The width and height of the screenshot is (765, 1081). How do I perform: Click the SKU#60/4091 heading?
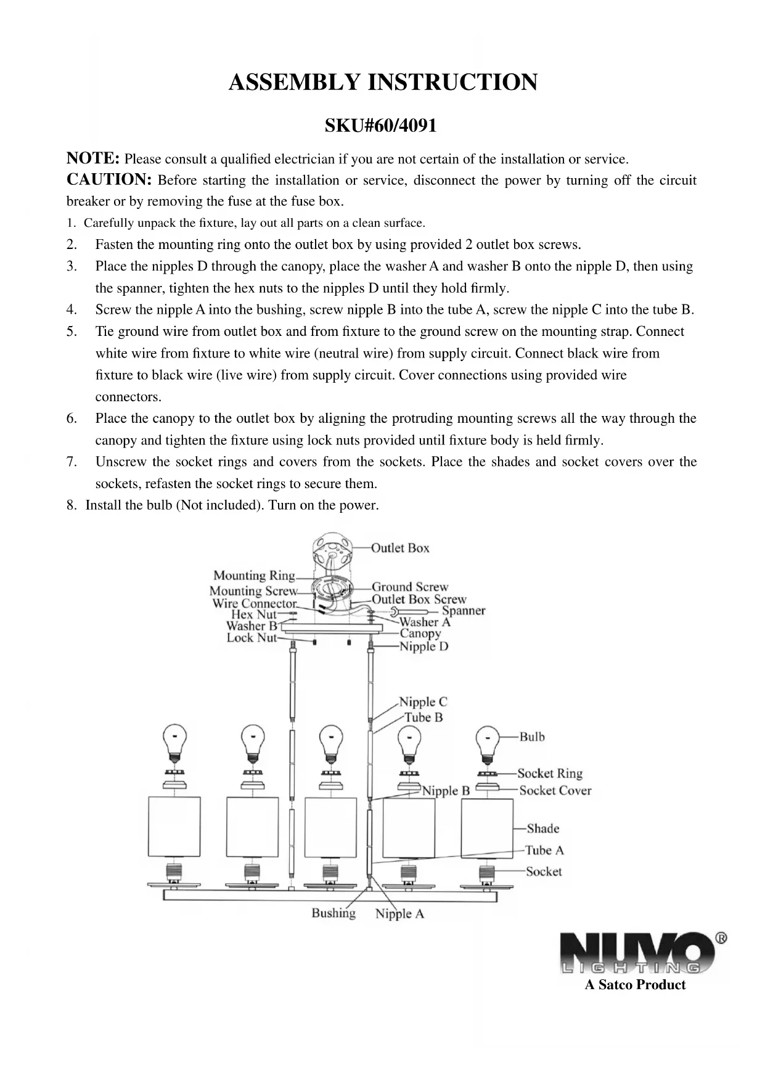point(380,126)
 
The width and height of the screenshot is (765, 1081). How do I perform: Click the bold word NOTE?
point(92,158)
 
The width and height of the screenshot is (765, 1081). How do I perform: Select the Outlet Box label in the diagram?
point(400,548)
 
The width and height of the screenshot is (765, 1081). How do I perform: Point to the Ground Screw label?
point(410,587)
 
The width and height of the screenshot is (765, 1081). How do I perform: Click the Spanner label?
point(464,610)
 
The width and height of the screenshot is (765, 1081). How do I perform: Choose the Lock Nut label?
point(252,638)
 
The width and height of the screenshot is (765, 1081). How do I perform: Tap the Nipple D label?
point(423,646)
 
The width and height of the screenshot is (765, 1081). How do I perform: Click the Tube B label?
point(423,717)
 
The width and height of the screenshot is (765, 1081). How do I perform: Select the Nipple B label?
point(446,791)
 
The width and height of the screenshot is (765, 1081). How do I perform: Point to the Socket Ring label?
point(550,773)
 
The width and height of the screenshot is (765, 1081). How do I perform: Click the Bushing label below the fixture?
point(333,913)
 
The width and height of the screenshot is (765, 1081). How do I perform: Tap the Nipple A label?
point(399,913)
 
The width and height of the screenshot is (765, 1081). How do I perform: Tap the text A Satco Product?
point(635,985)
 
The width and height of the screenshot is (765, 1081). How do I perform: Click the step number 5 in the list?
point(72,332)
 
